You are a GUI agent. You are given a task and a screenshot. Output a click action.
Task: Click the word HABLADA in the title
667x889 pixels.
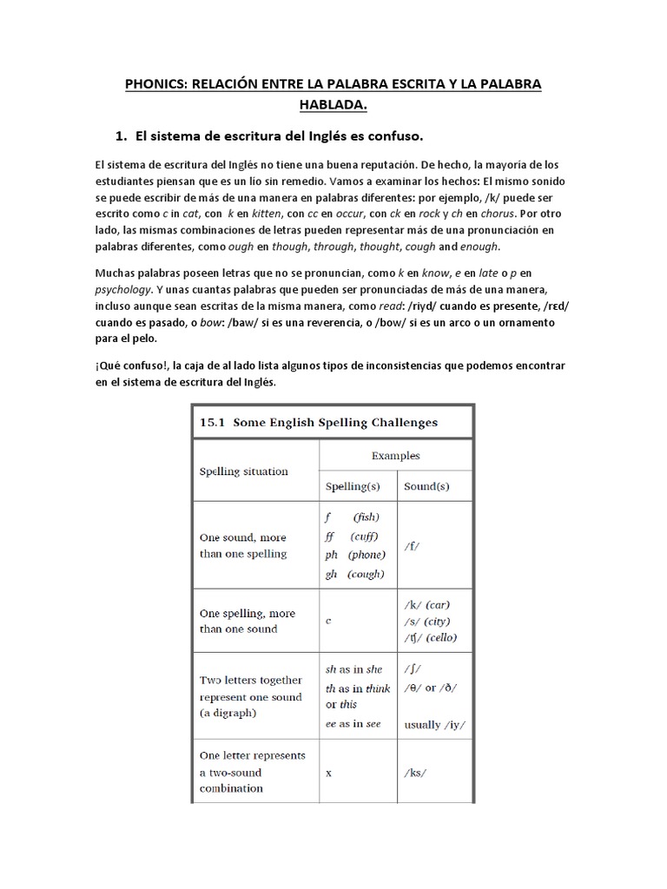point(333,105)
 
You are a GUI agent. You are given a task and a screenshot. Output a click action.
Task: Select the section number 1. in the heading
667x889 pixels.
point(122,136)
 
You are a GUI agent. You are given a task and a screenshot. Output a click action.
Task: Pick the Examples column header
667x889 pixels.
point(395,455)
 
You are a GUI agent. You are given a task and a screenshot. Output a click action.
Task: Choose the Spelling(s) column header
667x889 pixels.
point(358,486)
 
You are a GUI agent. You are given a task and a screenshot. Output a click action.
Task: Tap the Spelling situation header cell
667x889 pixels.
point(244,471)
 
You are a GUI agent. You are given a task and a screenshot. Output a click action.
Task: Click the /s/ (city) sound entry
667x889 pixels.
point(426,622)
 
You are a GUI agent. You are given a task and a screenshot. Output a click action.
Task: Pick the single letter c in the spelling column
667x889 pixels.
point(328,621)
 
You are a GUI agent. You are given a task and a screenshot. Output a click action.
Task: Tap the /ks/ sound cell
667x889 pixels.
point(416,772)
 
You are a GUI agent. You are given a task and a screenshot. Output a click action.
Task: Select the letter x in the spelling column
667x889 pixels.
point(328,772)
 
